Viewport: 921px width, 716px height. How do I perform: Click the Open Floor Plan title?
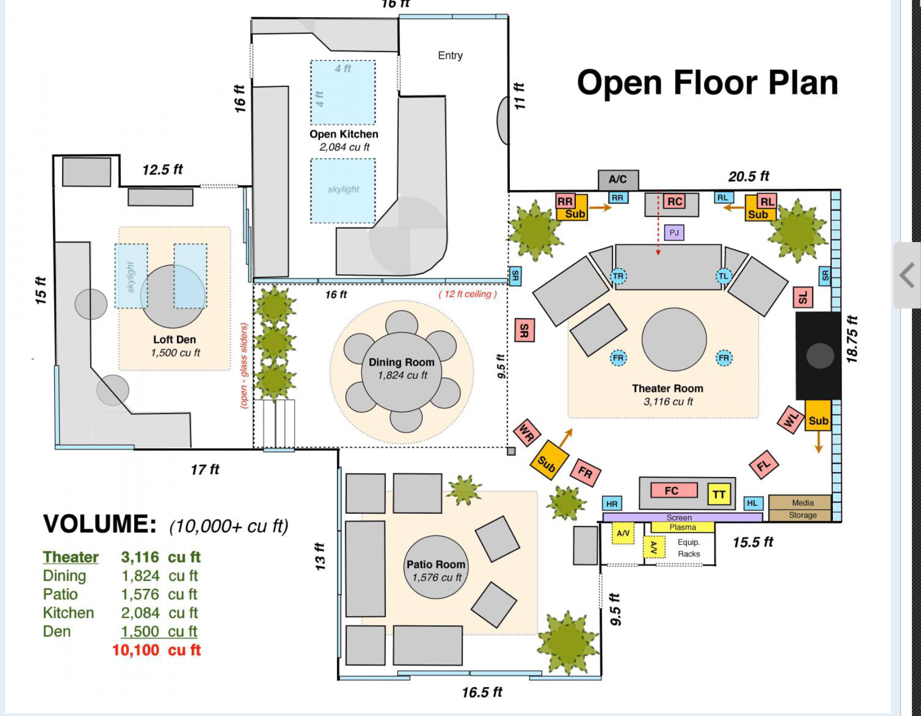pos(707,83)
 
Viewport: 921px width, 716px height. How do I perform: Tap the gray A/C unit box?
pos(618,180)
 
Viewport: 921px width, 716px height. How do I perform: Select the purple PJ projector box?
pos(674,232)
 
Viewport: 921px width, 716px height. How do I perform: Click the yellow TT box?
pos(719,494)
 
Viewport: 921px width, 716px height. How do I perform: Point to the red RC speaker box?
pos(675,201)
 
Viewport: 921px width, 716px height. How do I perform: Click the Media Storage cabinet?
pos(800,508)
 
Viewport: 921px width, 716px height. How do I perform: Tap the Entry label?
pos(450,55)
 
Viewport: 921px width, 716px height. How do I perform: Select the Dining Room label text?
pos(401,362)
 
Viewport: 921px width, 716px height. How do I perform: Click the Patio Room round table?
pos(436,567)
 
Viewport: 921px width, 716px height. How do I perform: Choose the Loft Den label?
pos(174,340)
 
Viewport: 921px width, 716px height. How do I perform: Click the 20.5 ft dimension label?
pos(748,177)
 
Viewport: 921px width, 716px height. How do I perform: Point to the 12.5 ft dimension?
pos(163,170)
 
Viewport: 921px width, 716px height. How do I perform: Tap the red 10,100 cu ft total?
pos(156,650)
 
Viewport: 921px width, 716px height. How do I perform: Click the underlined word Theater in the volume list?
pos(71,557)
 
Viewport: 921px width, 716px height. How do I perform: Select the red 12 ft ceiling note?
pos(467,294)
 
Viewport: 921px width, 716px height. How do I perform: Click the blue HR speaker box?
pos(612,503)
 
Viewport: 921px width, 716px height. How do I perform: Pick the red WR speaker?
pos(527,432)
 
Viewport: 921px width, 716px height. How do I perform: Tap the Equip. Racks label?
pos(689,548)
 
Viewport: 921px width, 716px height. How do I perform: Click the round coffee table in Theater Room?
pos(674,339)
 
